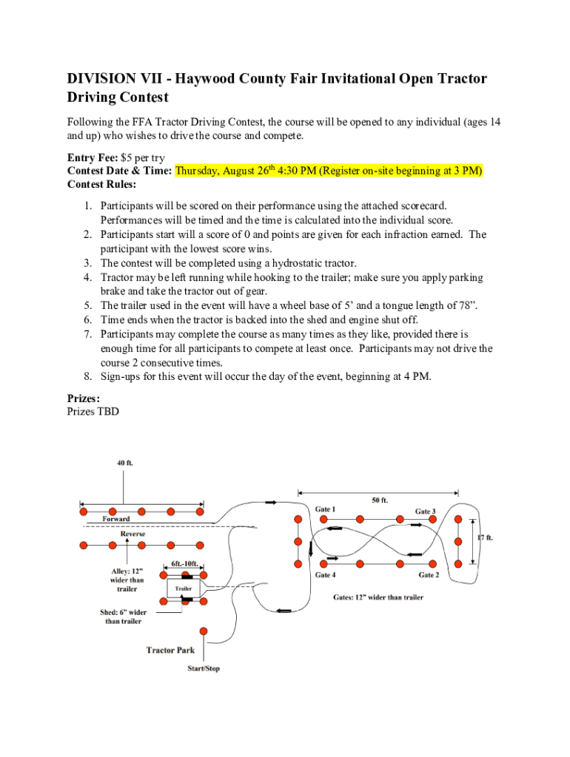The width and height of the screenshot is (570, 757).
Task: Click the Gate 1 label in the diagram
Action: click(x=325, y=509)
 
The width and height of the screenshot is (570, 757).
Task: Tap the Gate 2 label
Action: click(x=429, y=575)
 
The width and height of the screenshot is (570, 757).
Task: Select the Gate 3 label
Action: click(x=425, y=511)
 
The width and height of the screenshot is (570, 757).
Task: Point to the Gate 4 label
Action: click(x=325, y=575)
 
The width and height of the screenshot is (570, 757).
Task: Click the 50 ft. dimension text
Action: click(x=380, y=500)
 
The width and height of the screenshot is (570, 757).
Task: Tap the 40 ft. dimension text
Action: click(x=124, y=464)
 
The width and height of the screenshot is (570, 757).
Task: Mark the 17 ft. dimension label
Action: click(x=485, y=537)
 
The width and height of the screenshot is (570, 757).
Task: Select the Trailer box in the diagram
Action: click(x=183, y=588)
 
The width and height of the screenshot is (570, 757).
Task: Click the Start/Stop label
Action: click(x=203, y=669)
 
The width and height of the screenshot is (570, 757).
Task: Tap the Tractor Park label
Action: click(x=170, y=651)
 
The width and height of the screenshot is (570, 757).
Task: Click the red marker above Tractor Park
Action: click(x=203, y=631)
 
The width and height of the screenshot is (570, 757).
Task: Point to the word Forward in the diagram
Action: click(x=115, y=519)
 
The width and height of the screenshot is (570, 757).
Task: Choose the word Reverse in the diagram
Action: click(x=133, y=533)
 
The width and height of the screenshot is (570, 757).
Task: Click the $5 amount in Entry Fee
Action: click(x=124, y=157)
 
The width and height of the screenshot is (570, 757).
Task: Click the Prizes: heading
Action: click(x=84, y=398)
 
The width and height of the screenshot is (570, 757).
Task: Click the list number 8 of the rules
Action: click(x=87, y=376)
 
